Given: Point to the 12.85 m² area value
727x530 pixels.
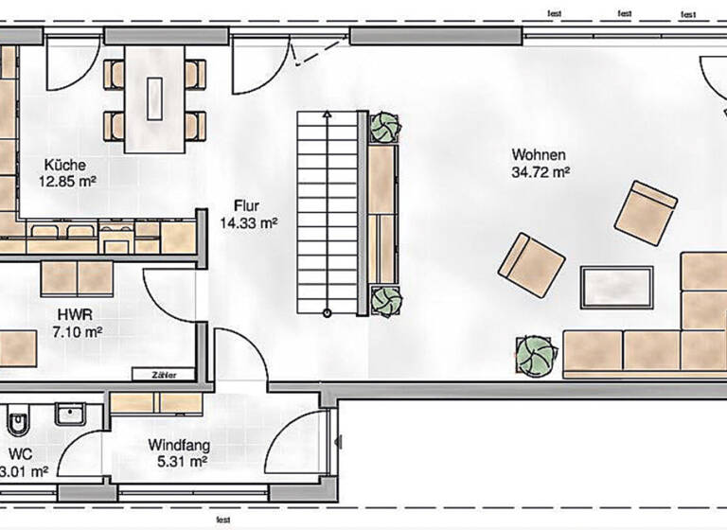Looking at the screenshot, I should pos(66,179).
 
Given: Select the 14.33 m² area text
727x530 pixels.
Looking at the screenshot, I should pos(248,223).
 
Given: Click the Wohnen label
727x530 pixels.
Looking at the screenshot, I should pos(539,155).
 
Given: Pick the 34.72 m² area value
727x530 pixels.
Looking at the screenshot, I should pos(541,173).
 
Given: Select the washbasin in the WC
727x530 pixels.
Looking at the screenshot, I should pos(70,414).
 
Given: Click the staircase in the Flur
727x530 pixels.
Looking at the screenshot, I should pos(328,213).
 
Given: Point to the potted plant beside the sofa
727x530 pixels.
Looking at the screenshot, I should pos(536,354).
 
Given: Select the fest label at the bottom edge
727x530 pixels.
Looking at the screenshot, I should pos(223,521).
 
